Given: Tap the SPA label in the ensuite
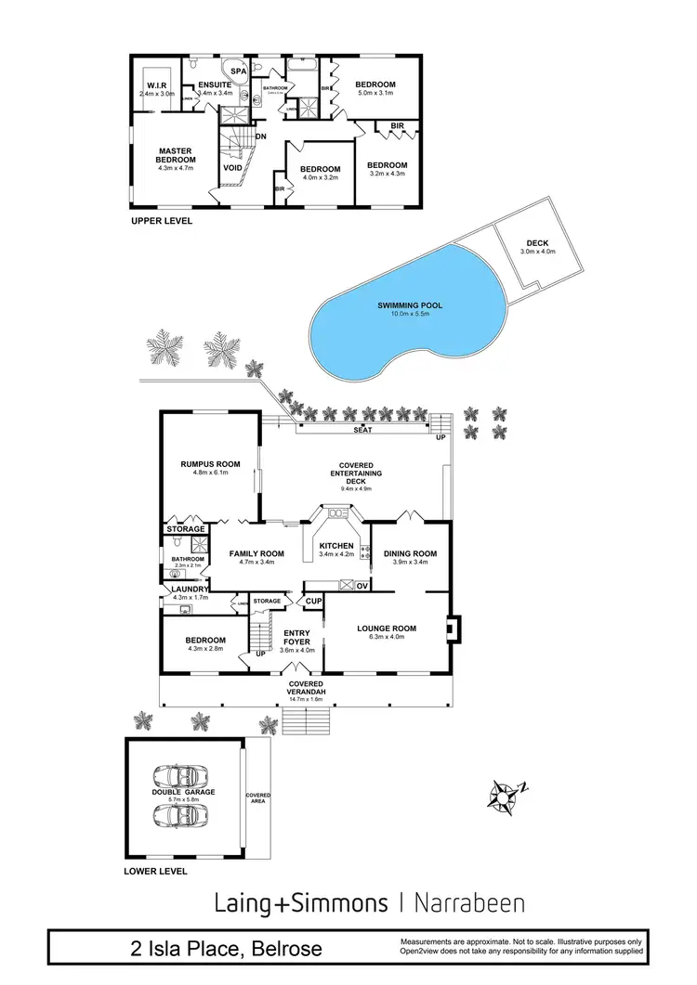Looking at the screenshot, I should (x=238, y=71).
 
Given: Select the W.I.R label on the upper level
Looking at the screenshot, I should (x=155, y=85).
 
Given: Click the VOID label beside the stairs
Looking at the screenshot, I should (x=233, y=168).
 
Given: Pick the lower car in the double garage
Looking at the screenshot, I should (x=181, y=815).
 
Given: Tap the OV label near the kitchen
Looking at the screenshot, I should (x=362, y=585).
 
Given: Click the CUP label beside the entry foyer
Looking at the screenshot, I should (x=313, y=602).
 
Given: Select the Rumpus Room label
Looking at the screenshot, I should (x=210, y=463).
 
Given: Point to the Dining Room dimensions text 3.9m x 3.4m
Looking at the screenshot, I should (x=410, y=563).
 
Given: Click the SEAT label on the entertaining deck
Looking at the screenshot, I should (x=363, y=431).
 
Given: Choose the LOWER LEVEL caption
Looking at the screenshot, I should (x=155, y=872).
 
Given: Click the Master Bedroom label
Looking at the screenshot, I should (x=175, y=155).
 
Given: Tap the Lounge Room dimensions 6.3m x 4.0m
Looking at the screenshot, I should (x=387, y=638).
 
